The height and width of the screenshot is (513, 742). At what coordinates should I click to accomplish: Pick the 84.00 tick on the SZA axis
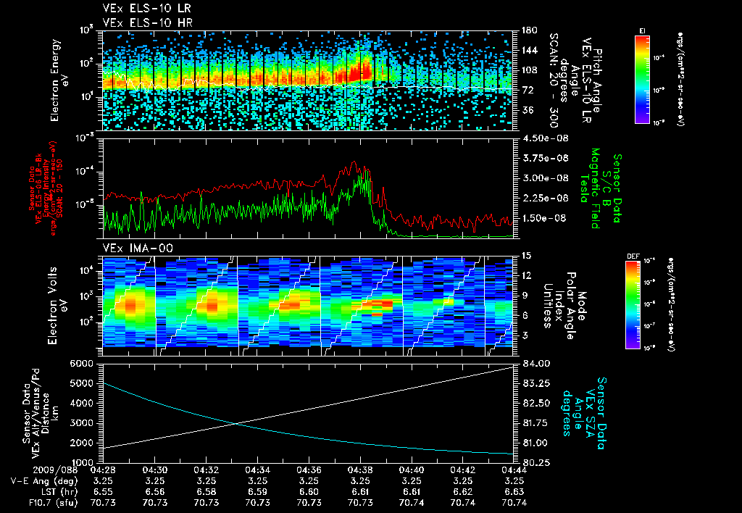(531, 364)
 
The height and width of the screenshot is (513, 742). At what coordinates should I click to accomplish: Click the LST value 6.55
(102, 491)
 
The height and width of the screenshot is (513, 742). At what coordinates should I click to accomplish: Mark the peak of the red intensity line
(355, 162)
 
